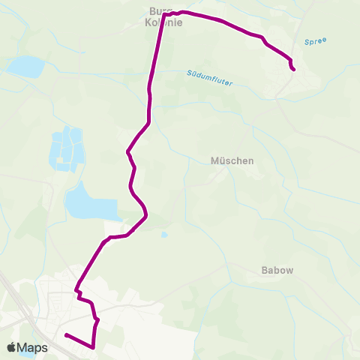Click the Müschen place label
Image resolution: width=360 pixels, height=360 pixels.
tap(232, 160)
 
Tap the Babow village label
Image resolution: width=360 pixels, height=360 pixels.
tap(277, 270)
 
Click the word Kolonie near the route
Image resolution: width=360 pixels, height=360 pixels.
tap(163, 22)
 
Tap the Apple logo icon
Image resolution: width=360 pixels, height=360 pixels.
tap(11, 348)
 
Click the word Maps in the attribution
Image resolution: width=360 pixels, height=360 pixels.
tap(32, 348)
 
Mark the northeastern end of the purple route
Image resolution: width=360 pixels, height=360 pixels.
tap(293, 70)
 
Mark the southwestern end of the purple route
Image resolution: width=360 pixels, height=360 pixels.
tap(66, 335)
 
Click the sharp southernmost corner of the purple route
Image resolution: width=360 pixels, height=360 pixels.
tap(93, 347)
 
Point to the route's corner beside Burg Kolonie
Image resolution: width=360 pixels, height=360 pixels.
tap(163, 13)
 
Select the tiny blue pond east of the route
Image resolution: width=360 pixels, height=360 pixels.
tap(164, 235)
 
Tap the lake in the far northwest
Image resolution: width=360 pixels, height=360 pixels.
tap(25, 67)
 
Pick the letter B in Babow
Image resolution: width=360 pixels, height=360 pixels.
tap(264, 270)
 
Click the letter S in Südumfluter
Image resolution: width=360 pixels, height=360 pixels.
tap(188, 73)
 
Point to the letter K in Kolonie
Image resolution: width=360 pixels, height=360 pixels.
tap(148, 22)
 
